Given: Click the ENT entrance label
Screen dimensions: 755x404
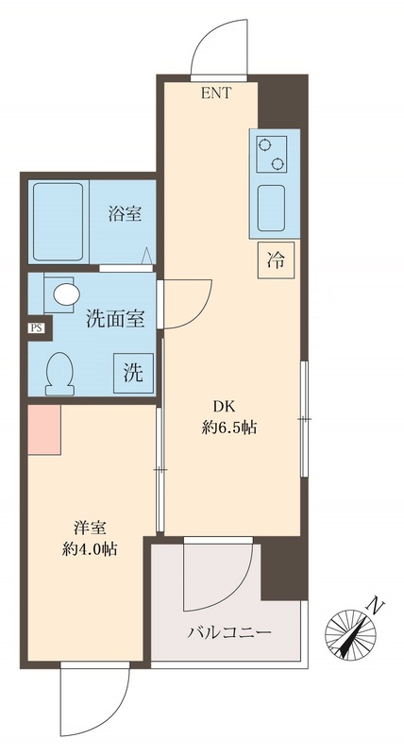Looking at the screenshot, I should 215,92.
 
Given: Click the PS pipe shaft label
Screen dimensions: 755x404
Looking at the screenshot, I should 36,328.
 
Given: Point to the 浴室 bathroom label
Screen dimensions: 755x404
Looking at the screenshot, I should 125,214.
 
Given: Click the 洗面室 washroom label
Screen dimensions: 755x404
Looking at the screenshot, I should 115,319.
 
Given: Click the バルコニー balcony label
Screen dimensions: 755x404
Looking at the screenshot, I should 229,632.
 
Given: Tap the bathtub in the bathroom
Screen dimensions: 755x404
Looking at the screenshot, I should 59,222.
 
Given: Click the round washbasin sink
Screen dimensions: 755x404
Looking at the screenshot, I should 65,294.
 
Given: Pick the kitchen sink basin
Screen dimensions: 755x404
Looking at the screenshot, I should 274,205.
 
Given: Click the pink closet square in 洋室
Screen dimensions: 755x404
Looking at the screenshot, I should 43,428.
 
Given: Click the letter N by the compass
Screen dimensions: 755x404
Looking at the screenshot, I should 377,604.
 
